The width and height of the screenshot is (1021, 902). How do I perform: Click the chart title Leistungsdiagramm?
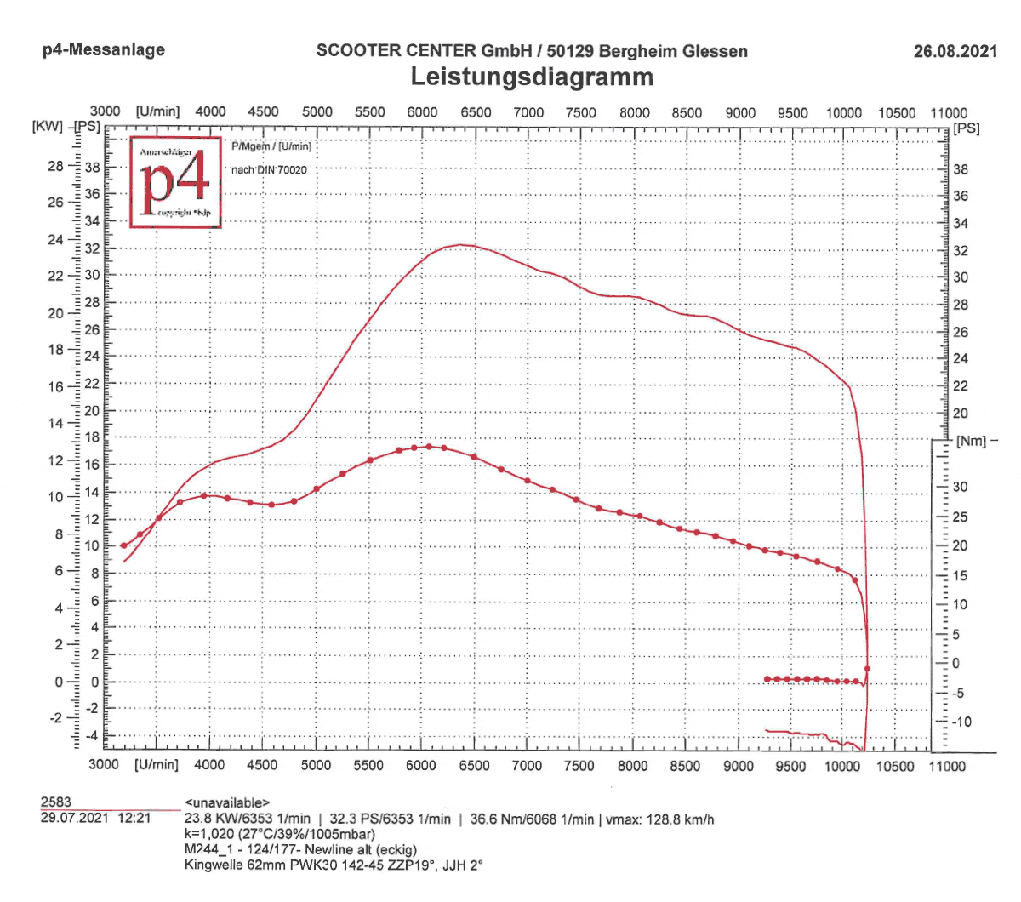pyautogui.click(x=532, y=77)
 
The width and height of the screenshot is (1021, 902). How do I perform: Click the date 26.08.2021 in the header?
pyautogui.click(x=955, y=51)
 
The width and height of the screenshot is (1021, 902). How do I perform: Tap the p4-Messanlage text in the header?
pyautogui.click(x=104, y=50)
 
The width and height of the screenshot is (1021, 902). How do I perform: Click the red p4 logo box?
pyautogui.click(x=175, y=181)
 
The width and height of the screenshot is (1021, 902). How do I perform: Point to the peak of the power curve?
pyautogui.click(x=460, y=245)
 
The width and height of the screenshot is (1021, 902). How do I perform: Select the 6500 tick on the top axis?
pyautogui.click(x=476, y=112)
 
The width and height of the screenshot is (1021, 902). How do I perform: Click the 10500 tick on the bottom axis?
pyautogui.click(x=895, y=765)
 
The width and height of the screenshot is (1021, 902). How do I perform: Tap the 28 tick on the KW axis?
pyautogui.click(x=55, y=166)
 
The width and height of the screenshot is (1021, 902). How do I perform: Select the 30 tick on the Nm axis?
pyautogui.click(x=960, y=487)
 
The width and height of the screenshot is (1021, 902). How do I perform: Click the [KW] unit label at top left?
pyautogui.click(x=48, y=127)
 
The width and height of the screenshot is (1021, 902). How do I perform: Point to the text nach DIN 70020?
pyautogui.click(x=269, y=170)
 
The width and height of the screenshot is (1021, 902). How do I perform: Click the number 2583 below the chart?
pyautogui.click(x=56, y=802)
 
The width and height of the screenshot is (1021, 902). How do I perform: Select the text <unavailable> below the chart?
pyautogui.click(x=227, y=802)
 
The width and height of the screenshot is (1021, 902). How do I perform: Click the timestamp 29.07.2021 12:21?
pyautogui.click(x=95, y=819)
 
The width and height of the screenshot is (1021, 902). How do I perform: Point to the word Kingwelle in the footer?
pyautogui.click(x=214, y=865)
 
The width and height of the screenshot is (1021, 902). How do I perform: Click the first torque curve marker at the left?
pyautogui.click(x=123, y=545)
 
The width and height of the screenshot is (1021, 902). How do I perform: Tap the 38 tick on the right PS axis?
pyautogui.click(x=960, y=169)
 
